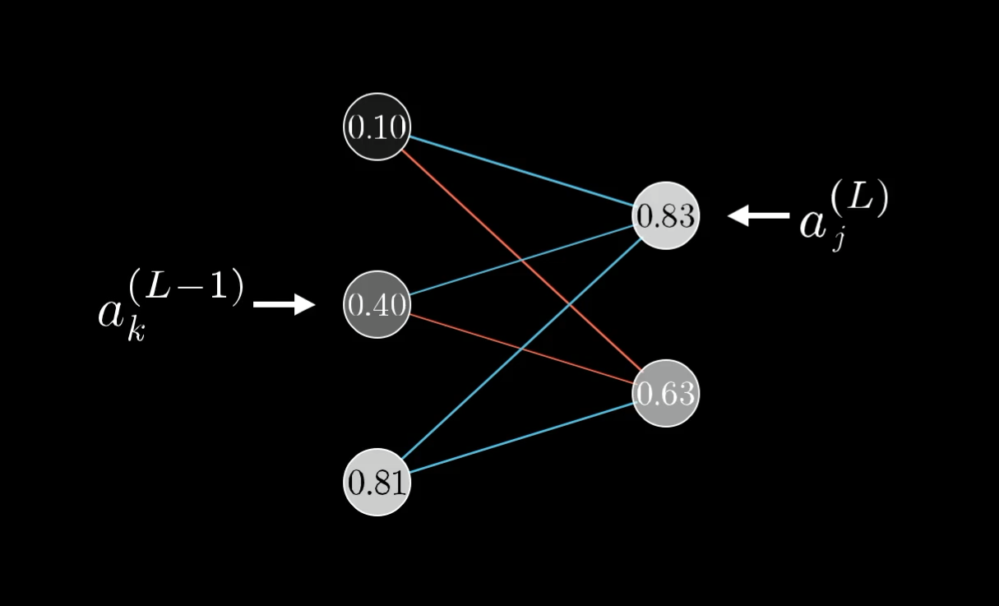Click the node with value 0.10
pos(377,127)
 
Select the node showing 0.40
pos(377,305)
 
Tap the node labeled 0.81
pos(377,482)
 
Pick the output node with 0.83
pos(665,215)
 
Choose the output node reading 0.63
pos(665,394)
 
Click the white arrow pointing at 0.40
pos(284,305)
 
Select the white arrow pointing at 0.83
pos(758,215)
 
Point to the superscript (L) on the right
pos(860,200)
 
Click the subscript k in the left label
pos(134,331)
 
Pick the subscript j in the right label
pos(836,241)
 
